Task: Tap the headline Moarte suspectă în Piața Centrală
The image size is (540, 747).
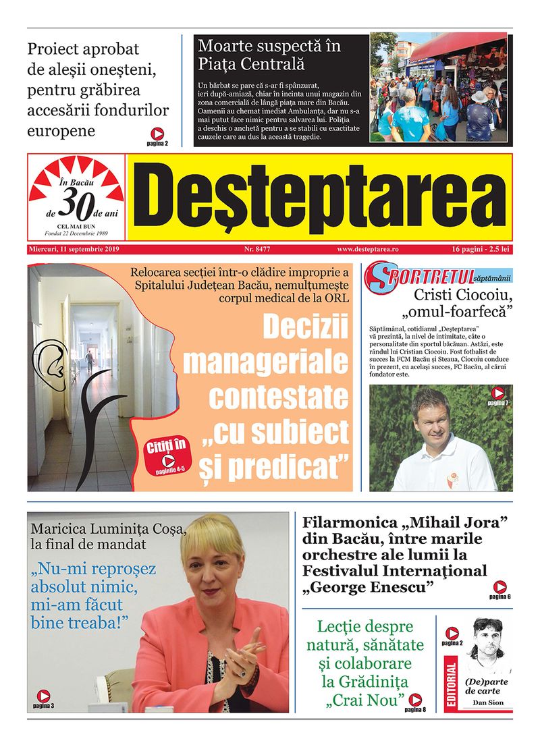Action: (269, 55)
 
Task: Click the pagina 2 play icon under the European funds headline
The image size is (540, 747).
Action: (157, 134)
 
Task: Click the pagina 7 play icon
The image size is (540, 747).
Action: (498, 393)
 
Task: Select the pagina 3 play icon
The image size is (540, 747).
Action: (43, 696)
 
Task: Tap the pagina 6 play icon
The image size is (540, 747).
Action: (500, 587)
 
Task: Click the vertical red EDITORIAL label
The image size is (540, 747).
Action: (452, 686)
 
